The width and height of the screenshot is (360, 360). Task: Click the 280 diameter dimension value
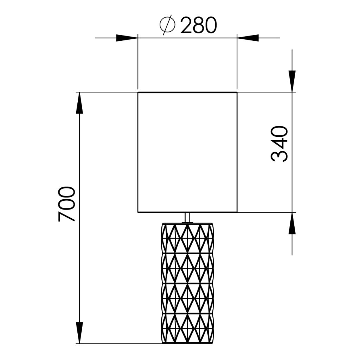click(199, 25)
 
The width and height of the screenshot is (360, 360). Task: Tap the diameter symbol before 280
click(168, 25)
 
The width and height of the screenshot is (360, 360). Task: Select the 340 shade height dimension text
click(279, 144)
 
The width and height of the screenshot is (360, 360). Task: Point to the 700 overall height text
click(66, 204)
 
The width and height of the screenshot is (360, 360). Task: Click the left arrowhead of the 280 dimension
click(127, 38)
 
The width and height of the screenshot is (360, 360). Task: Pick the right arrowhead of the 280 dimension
click(248, 38)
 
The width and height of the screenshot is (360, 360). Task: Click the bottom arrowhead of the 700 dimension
click(79, 333)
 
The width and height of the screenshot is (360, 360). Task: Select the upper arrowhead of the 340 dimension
click(292, 82)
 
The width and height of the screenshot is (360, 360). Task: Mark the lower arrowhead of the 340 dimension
click(292, 223)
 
